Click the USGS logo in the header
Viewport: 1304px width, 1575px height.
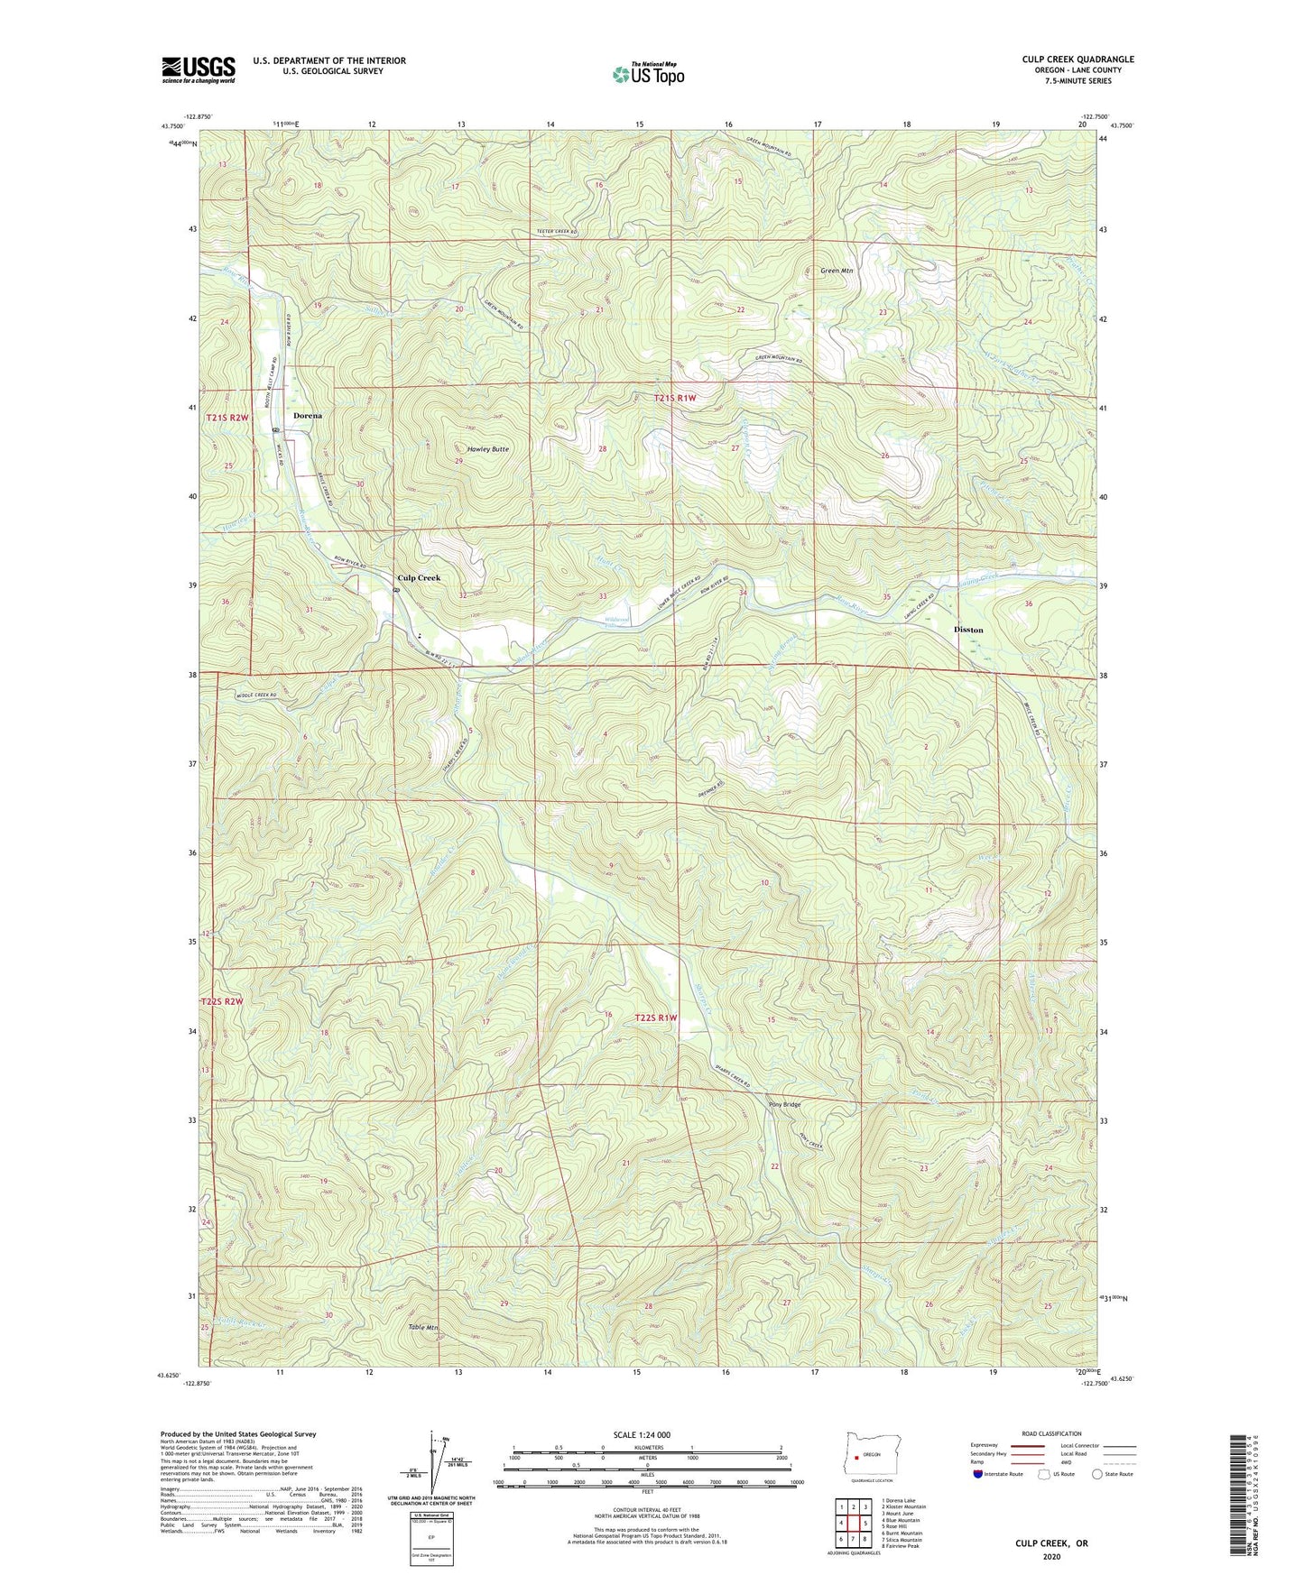pyautogui.click(x=199, y=69)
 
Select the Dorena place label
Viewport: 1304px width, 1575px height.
pyautogui.click(x=308, y=416)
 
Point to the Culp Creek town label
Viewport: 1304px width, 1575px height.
pyautogui.click(x=420, y=577)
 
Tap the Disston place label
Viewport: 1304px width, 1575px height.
pyautogui.click(x=968, y=630)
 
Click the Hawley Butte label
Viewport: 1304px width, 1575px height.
pyautogui.click(x=487, y=449)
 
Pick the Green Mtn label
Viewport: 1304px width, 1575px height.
pyautogui.click(x=837, y=270)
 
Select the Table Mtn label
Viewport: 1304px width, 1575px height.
pyautogui.click(x=422, y=1328)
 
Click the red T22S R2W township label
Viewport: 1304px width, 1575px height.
pyautogui.click(x=222, y=1002)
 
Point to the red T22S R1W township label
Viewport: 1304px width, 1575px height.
pyautogui.click(x=656, y=1018)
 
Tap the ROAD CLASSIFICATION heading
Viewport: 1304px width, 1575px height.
pyautogui.click(x=1050, y=1433)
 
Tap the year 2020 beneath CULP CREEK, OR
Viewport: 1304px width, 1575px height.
pyautogui.click(x=1051, y=1557)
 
